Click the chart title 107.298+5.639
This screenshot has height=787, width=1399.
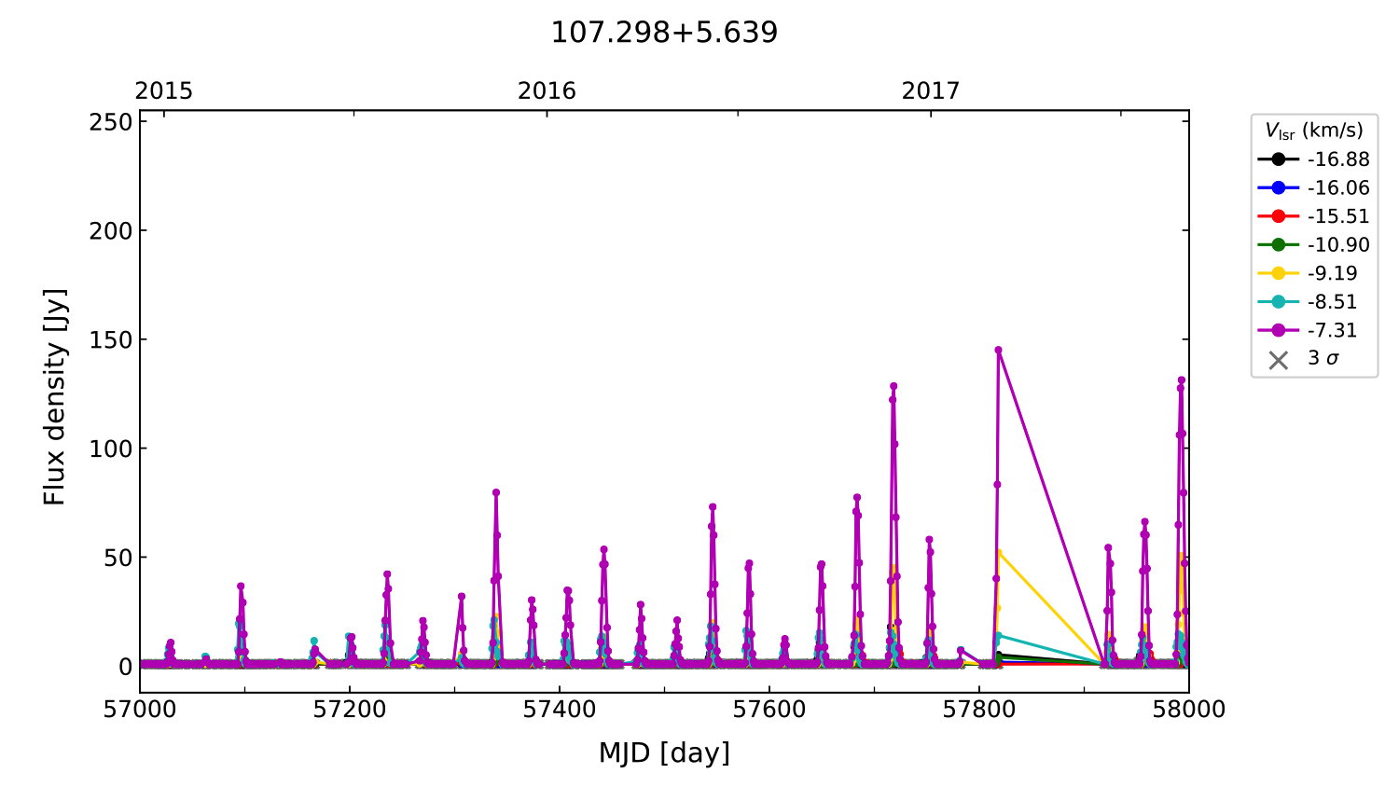coord(664,33)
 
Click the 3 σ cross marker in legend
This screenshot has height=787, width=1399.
coord(1279,360)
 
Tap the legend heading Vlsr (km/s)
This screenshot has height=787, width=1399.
coord(1313,131)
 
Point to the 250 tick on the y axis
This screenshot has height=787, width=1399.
coord(111,122)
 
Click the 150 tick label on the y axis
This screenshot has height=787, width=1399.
coord(111,340)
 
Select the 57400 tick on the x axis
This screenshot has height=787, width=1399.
coord(560,710)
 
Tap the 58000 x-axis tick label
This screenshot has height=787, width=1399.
coord(1188,710)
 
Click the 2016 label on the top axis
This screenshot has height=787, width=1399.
coord(547,90)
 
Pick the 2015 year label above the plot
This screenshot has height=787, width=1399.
coord(164,90)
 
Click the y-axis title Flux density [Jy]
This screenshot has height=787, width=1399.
coord(55,396)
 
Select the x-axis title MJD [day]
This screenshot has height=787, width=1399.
coord(664,753)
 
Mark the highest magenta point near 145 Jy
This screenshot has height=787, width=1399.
coord(998,351)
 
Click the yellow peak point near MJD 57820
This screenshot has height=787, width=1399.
coord(999,552)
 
